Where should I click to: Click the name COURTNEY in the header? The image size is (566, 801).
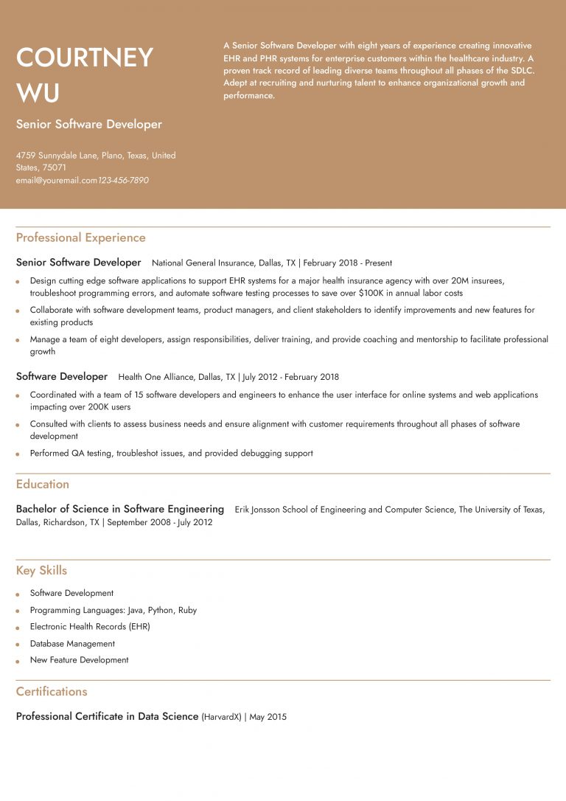(85, 58)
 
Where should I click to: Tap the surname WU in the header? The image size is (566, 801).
(38, 94)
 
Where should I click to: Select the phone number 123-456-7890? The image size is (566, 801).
(123, 180)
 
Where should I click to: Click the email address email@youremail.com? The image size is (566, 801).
(57, 180)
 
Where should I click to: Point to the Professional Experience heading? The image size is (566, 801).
(80, 237)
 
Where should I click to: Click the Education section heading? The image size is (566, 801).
(43, 484)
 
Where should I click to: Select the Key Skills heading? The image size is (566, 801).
(41, 570)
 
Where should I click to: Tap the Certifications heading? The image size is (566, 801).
(52, 691)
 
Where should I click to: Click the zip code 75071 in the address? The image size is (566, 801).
(55, 167)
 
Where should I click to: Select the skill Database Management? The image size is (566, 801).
(72, 643)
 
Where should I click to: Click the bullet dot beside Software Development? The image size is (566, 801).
(18, 594)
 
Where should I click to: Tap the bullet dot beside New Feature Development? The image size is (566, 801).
(18, 661)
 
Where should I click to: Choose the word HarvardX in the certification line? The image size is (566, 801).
(223, 717)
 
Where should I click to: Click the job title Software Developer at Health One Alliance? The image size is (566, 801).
(62, 377)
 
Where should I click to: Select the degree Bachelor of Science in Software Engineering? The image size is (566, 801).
(120, 509)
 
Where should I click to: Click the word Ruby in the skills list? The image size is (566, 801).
(187, 610)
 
